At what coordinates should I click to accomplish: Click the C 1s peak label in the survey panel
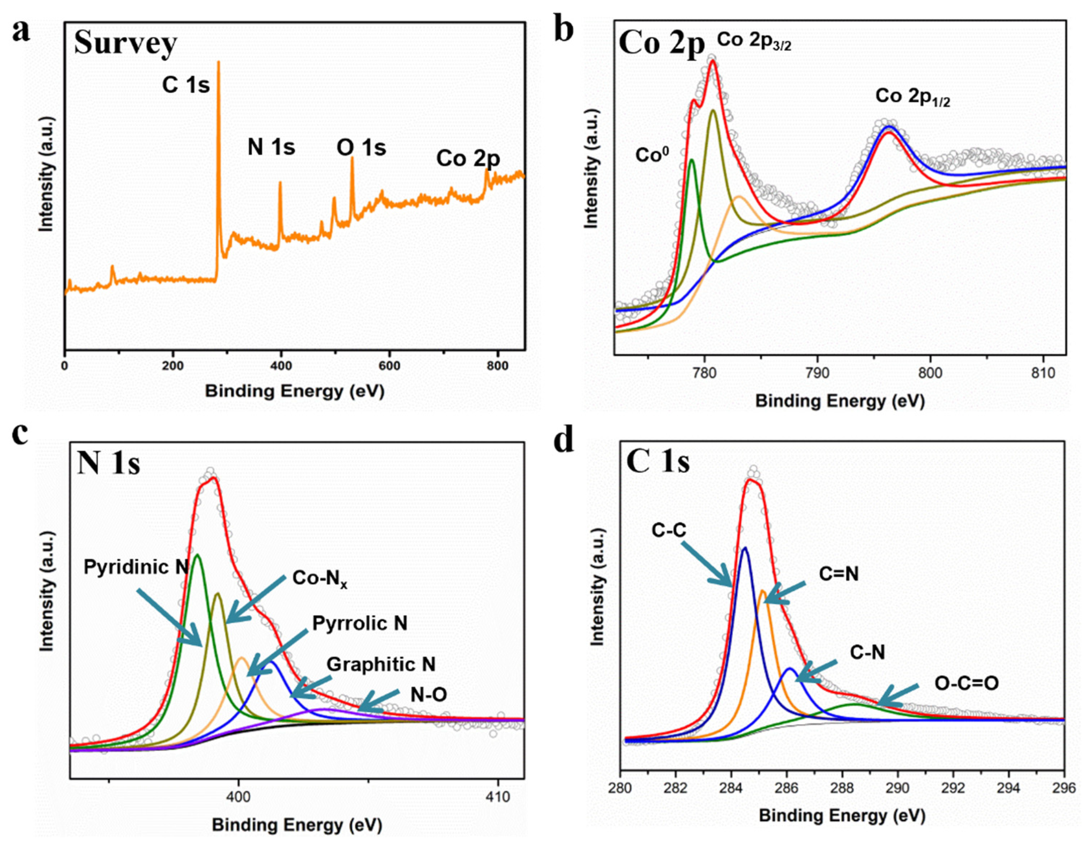point(186,86)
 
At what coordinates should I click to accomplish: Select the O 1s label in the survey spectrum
point(361,148)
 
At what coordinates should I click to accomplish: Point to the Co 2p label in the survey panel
point(468,159)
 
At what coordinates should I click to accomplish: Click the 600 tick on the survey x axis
point(389,366)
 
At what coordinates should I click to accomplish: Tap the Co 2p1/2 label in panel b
point(913,97)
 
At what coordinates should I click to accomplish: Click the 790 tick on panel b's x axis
point(817,373)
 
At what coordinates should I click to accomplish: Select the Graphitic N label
point(381,664)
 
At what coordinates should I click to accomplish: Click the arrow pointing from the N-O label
point(378,700)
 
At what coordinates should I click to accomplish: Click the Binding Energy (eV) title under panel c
point(297,825)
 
